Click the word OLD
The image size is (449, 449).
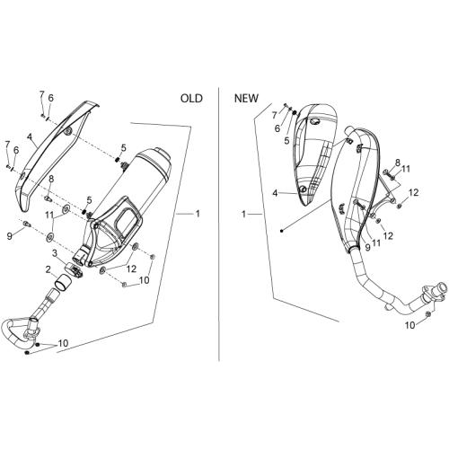pos(191,98)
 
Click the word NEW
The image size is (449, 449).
pos(246,98)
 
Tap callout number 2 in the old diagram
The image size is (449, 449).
pos(48,269)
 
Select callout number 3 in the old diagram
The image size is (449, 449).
pos(55,253)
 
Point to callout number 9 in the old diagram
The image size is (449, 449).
pos(10,236)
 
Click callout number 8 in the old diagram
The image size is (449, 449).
pos(51,180)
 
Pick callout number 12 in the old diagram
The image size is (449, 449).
pos(131,269)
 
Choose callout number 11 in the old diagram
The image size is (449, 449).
pos(49,215)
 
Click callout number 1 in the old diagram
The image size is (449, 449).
pos(198,214)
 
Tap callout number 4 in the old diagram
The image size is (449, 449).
pos(30,136)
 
